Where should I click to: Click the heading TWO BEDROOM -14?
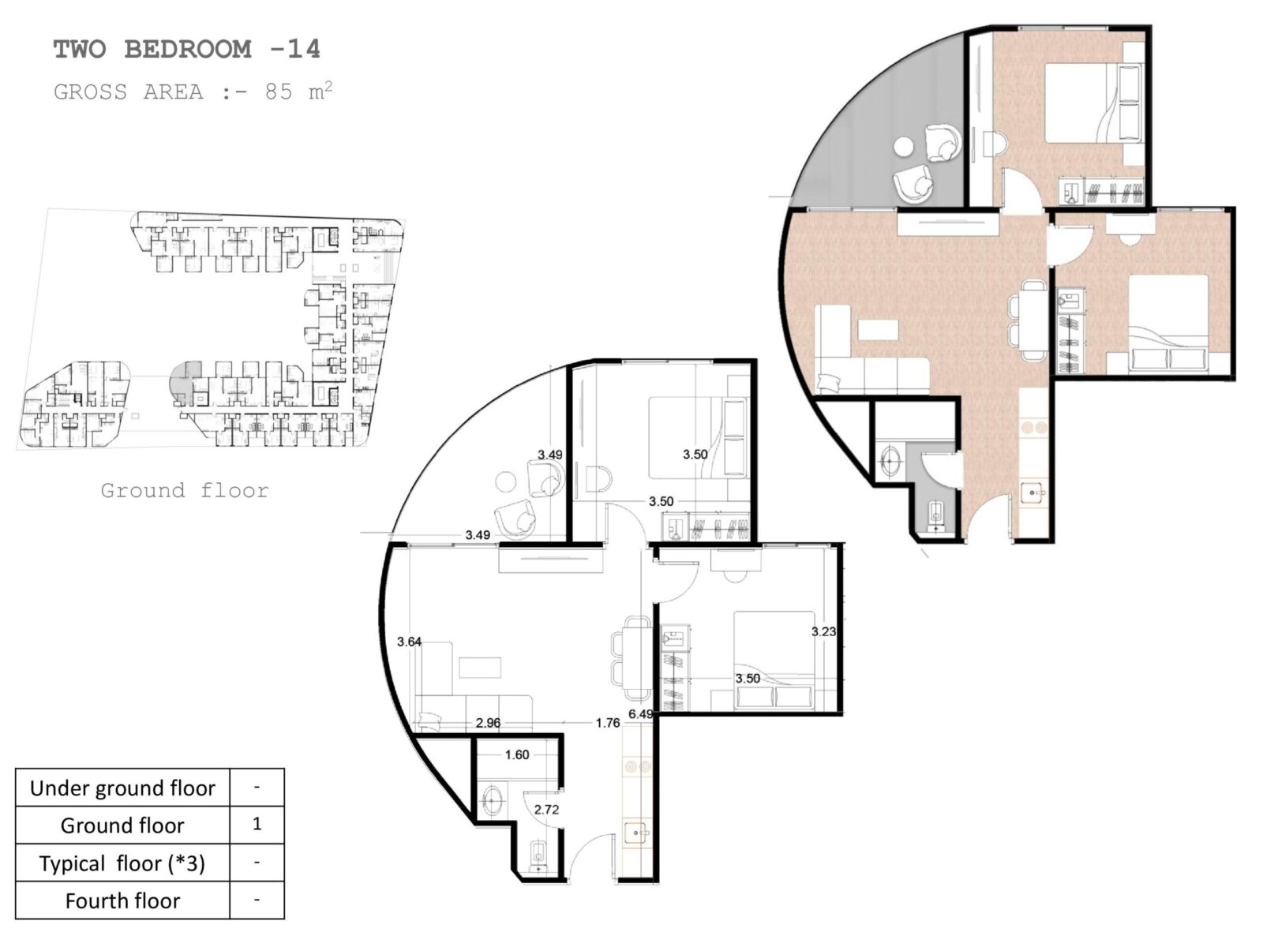(186, 50)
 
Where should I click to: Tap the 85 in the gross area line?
(279, 92)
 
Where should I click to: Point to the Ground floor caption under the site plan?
(185, 490)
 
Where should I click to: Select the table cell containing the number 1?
(257, 824)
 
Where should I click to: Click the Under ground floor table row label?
(122, 788)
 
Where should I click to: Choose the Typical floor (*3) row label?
(122, 863)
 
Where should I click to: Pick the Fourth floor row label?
(122, 900)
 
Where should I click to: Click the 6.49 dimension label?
(640, 714)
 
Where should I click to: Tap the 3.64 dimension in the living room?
(409, 642)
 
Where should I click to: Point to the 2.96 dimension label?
(488, 723)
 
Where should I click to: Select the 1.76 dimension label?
(608, 723)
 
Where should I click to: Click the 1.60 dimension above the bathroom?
(517, 755)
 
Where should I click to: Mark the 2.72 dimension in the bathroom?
(546, 810)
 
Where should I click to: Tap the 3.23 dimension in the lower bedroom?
(823, 631)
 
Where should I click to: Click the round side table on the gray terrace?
(903, 147)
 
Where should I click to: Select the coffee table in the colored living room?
(878, 330)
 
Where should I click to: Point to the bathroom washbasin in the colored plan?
(891, 461)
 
